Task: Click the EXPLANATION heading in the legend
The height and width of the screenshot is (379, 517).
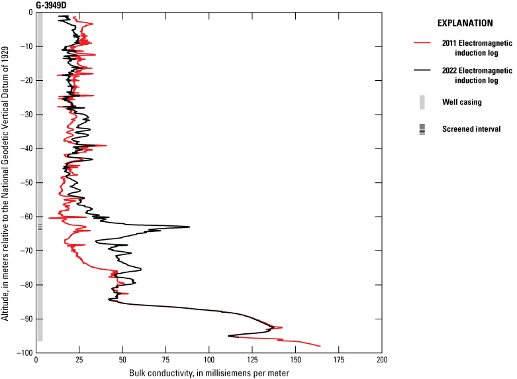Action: point(465,23)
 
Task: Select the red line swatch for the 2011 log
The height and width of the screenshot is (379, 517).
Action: point(422,42)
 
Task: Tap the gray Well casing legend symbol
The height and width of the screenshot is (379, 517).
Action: point(422,102)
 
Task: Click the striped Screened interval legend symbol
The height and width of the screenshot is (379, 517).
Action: point(422,129)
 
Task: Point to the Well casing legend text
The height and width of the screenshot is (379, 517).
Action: point(462,102)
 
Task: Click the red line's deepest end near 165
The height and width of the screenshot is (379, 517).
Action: point(320,346)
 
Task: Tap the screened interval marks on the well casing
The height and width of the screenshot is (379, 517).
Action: point(40,227)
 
